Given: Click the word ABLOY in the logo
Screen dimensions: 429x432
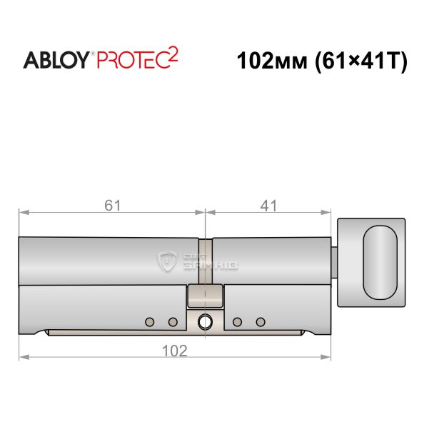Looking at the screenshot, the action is coord(56,60).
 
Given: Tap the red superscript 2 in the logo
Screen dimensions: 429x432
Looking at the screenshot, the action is coord(173,56).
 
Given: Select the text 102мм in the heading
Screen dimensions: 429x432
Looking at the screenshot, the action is coord(272,61).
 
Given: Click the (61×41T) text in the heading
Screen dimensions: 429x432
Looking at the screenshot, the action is coord(361,61).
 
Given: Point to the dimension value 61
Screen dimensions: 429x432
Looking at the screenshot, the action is coord(112,206).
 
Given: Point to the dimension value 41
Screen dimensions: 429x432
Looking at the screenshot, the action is coord(268,206).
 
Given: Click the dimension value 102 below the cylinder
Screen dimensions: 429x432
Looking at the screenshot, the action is coord(175,351).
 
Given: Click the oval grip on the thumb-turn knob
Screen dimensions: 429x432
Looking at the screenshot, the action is coord(380,262).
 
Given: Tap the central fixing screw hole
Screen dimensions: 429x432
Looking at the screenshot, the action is coord(205,321).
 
